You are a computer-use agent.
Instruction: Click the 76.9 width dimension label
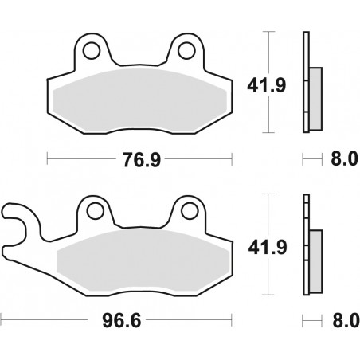click(139, 160)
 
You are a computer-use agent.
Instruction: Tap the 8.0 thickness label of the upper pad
click(338, 160)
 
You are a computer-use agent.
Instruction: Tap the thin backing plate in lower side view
click(306, 243)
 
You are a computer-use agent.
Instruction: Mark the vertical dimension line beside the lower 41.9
click(273, 243)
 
